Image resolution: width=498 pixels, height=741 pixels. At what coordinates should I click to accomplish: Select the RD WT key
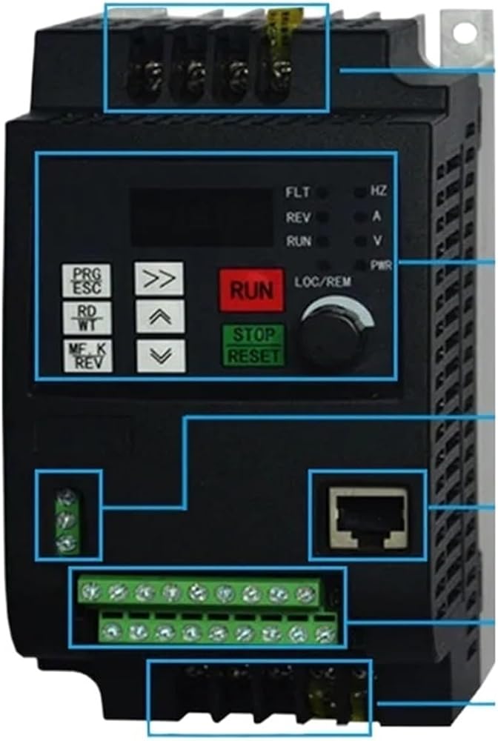87,316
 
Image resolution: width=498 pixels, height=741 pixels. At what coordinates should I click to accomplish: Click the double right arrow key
160,279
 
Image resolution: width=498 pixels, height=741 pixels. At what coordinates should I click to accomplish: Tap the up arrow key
160,316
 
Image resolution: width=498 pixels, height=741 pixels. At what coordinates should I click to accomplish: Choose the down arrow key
160,355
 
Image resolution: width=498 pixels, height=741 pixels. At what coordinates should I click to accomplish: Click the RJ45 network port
368,514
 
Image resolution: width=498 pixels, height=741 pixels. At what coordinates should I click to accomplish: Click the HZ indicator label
378,192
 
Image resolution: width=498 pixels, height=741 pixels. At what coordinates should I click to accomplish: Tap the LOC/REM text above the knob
322,282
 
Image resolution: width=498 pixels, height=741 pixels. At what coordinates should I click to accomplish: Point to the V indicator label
376,241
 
